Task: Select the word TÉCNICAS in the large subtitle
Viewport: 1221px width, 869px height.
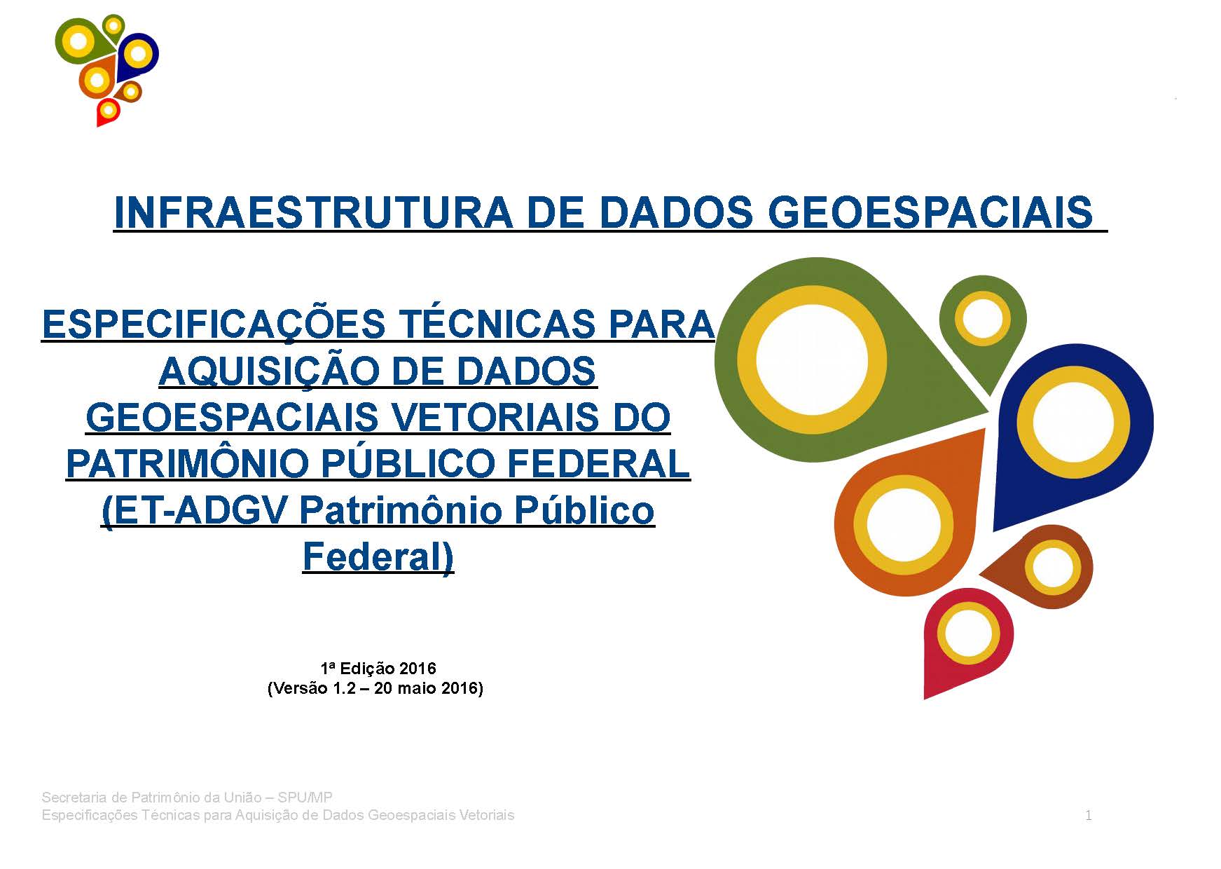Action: pos(497,324)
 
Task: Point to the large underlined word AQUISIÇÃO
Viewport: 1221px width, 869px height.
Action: pos(269,371)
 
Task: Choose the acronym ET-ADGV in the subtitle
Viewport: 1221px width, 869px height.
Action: pos(195,511)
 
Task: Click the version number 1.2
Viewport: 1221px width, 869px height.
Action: pos(344,688)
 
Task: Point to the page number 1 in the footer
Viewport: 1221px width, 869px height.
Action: pos(1088,815)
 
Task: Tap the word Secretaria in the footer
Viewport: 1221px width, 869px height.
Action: pos(74,798)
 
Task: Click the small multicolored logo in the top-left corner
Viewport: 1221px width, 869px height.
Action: pos(106,70)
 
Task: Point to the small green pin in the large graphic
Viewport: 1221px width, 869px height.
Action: pos(982,319)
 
